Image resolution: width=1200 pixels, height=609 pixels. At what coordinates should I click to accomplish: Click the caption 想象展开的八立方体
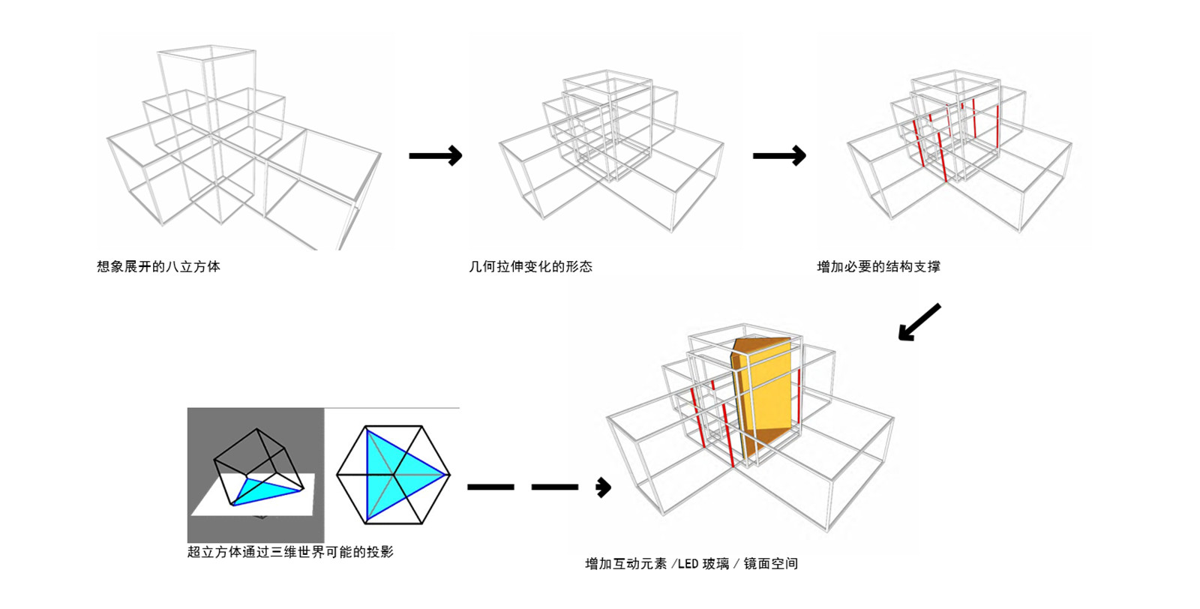158,266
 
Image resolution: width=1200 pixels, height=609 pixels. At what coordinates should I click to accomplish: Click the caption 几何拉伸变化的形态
530,266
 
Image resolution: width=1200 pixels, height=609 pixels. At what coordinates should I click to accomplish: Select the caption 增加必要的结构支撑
878,266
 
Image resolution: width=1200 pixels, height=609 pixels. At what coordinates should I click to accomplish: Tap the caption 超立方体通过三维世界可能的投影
290,552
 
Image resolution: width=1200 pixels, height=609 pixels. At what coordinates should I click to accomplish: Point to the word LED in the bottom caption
688,564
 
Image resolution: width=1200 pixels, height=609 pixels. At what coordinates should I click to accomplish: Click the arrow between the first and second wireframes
436,155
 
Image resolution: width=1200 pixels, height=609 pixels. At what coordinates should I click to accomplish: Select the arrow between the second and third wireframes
779,155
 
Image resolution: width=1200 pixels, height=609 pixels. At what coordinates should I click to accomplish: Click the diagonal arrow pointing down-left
919,322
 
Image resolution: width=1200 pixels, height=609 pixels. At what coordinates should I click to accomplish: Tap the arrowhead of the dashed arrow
604,487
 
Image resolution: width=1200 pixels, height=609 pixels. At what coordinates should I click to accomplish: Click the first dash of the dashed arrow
490,487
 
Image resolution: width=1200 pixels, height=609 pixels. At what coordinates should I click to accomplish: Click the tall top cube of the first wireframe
207,75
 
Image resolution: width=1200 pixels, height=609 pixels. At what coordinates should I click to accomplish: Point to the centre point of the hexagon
393,475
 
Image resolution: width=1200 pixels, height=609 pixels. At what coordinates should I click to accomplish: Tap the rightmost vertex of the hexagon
450,475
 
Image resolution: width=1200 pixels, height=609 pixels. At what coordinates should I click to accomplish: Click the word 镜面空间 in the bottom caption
770,564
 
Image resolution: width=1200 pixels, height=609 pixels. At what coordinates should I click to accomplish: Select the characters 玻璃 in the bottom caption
715,564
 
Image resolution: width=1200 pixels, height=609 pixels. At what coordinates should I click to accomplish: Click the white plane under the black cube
217,502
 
